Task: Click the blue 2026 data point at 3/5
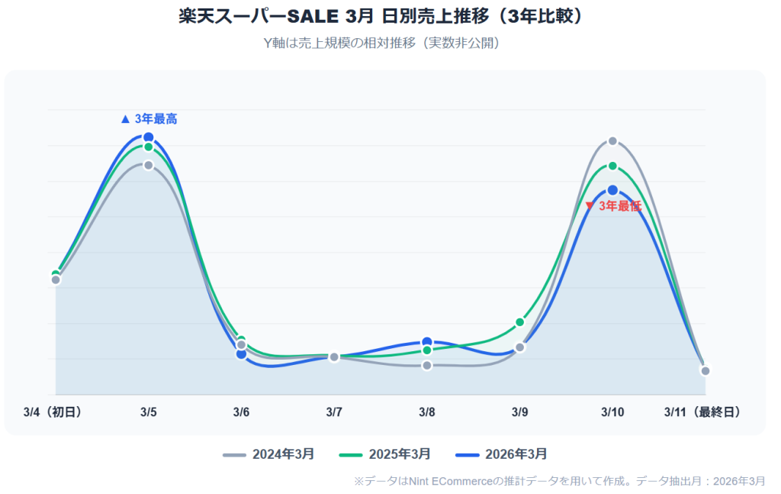pyautogui.click(x=149, y=137)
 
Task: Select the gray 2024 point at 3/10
pyautogui.click(x=612, y=141)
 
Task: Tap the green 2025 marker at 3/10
pyautogui.click(x=612, y=166)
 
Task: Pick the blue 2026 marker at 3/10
pyautogui.click(x=612, y=190)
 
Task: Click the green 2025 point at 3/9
pyautogui.click(x=520, y=322)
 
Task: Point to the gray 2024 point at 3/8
pyautogui.click(x=427, y=366)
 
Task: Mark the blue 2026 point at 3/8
pyautogui.click(x=427, y=342)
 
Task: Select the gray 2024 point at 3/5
pyautogui.click(x=149, y=165)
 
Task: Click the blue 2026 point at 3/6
pyautogui.click(x=241, y=354)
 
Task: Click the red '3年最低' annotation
pyautogui.click(x=613, y=206)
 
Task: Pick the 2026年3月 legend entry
pyautogui.click(x=501, y=454)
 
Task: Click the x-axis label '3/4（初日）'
pyautogui.click(x=53, y=412)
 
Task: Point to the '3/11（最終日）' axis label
pyautogui.click(x=702, y=412)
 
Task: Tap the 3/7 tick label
pyautogui.click(x=334, y=412)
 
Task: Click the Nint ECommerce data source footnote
pyautogui.click(x=559, y=481)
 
